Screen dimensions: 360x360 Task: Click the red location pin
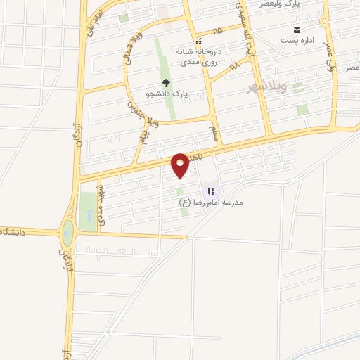click(x=181, y=165)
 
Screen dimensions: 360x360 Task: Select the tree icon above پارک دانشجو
click(x=166, y=83)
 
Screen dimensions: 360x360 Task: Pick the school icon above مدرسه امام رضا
click(x=210, y=191)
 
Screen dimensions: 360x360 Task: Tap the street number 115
click(x=215, y=30)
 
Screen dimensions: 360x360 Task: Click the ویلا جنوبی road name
click(x=136, y=112)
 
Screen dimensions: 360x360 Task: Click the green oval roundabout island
click(x=67, y=233)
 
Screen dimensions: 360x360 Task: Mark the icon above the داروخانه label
click(x=198, y=41)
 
